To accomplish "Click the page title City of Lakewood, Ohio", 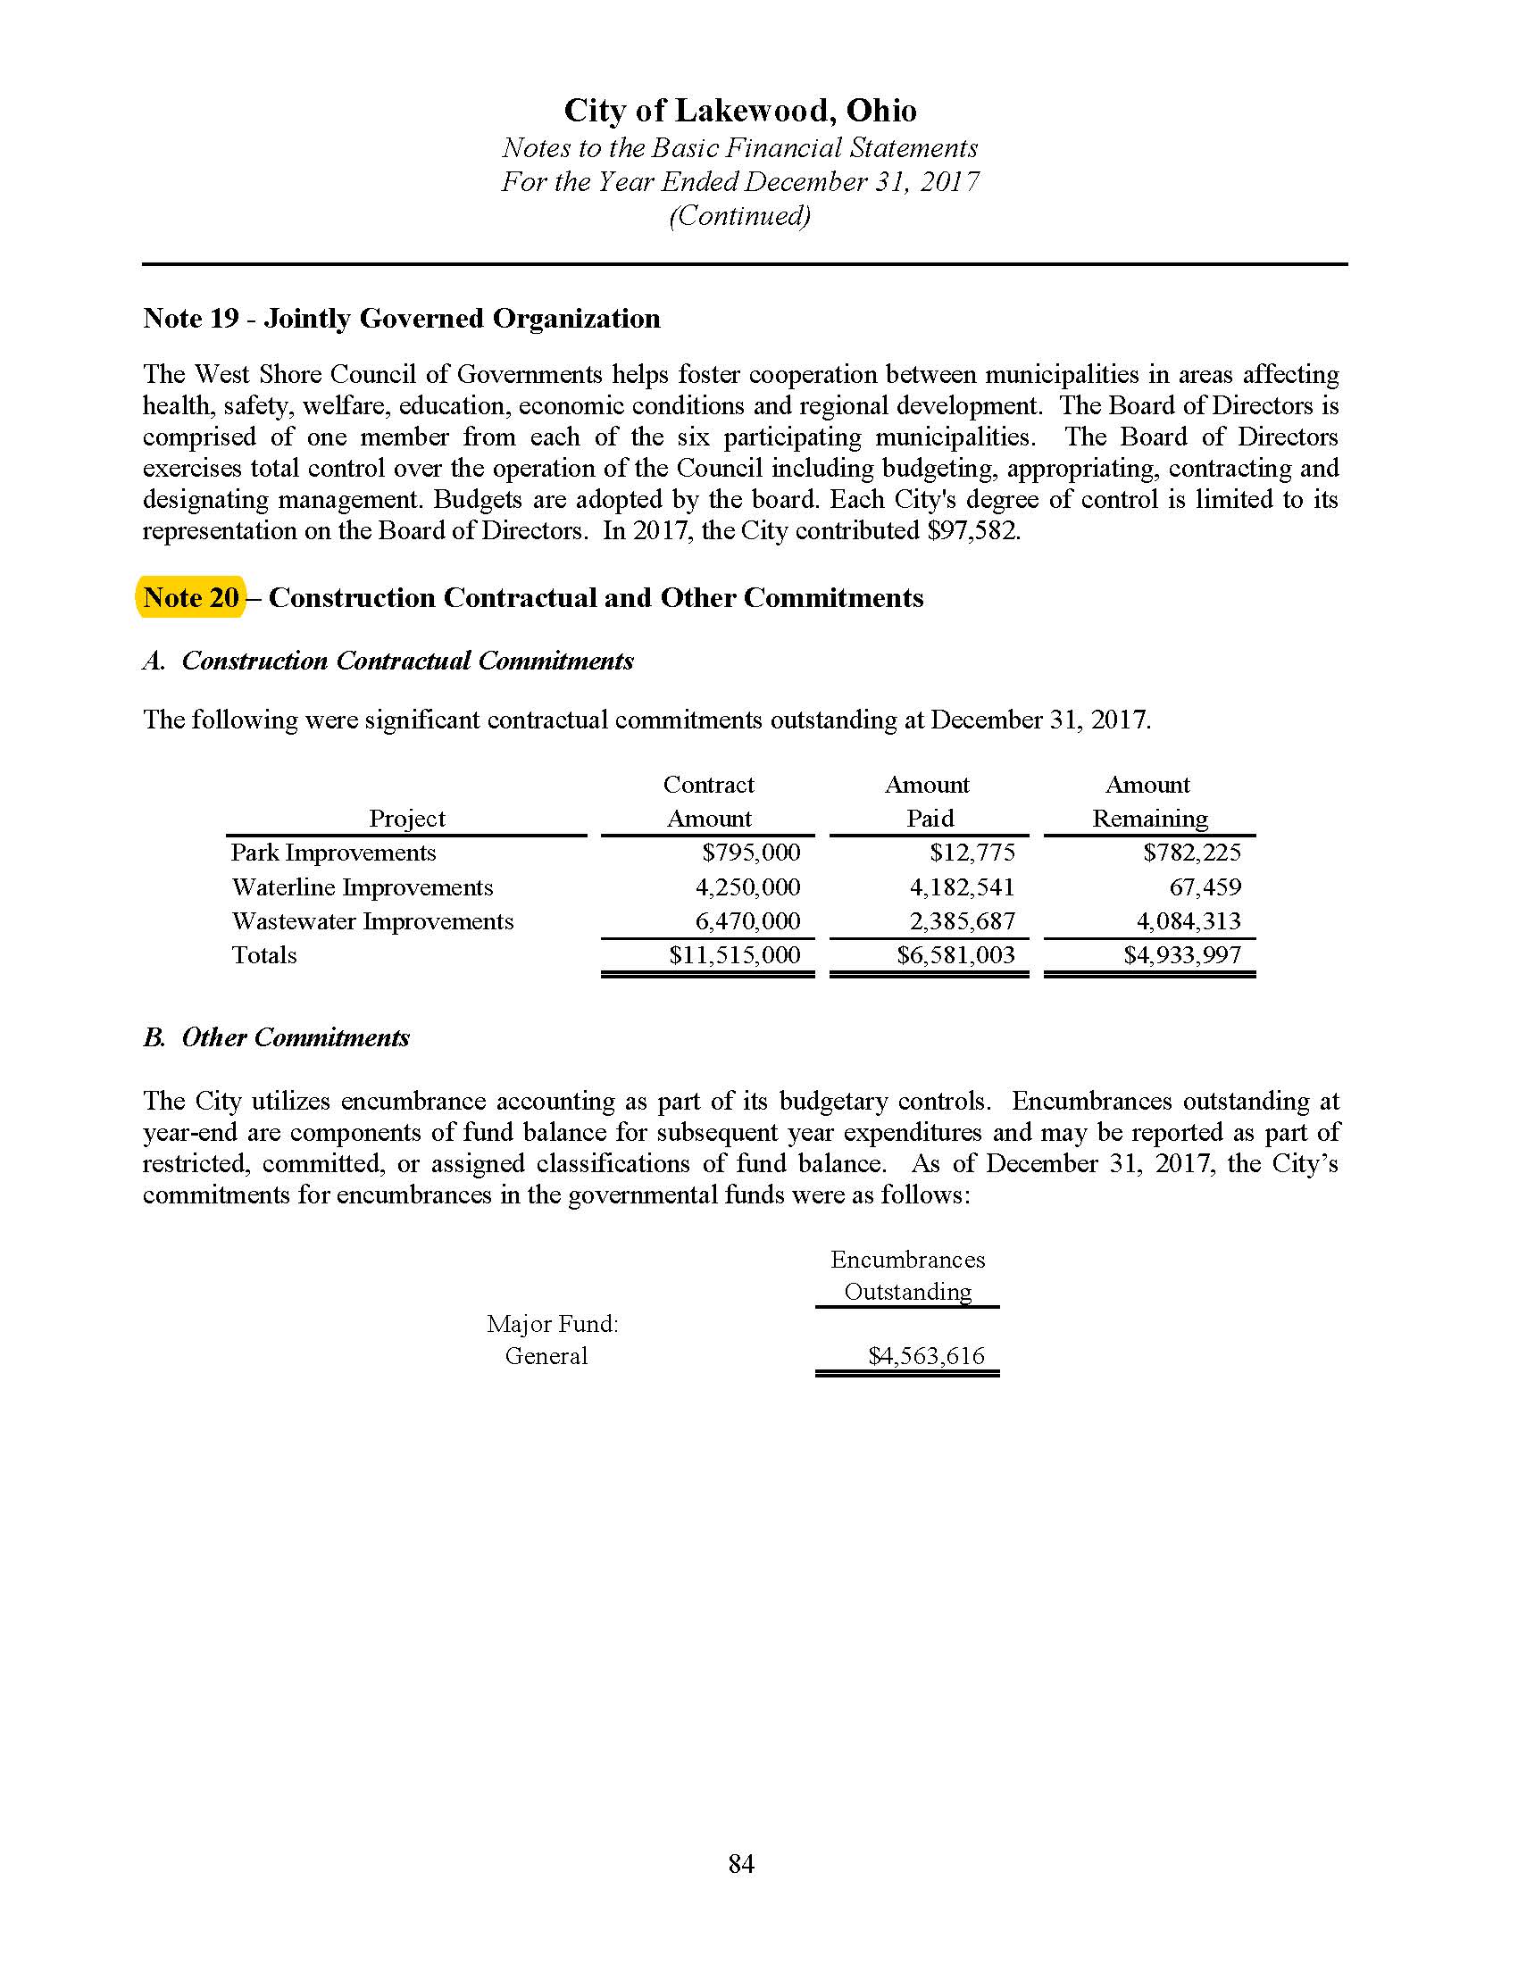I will click(740, 111).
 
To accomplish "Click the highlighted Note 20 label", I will click(191, 598).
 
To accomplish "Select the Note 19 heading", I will click(401, 319).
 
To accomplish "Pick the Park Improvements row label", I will click(334, 853).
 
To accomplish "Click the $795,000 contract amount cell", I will click(751, 853).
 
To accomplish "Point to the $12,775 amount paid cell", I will click(972, 853).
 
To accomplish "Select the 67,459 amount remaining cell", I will click(1205, 887).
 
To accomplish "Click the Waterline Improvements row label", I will click(363, 887).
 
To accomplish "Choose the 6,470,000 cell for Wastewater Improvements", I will click(747, 921).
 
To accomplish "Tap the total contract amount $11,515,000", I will click(735, 955).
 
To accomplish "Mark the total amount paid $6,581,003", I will click(956, 955).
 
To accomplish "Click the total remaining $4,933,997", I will click(1182, 955).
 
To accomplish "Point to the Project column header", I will click(407, 819).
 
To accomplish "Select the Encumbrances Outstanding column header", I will click(907, 1276).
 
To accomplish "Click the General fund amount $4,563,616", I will click(926, 1356).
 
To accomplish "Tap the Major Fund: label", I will click(552, 1324).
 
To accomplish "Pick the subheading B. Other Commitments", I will click(276, 1037).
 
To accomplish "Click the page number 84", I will click(741, 1864).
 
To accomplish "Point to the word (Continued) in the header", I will click(740, 216).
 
